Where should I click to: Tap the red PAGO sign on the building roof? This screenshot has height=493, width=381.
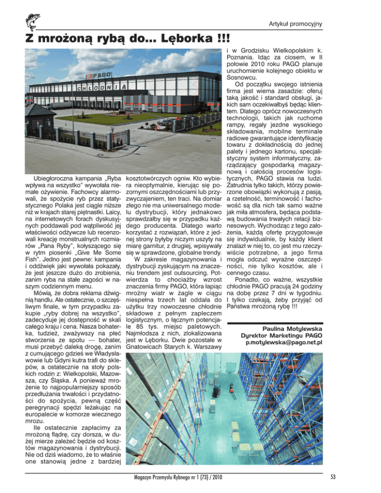tap(99, 76)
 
